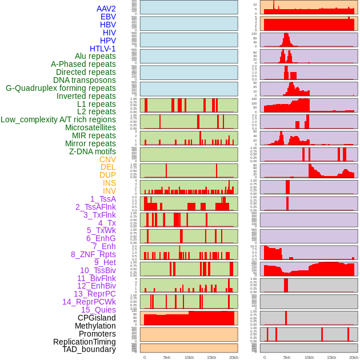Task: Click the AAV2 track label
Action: click(106, 9)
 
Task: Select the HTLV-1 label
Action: click(103, 49)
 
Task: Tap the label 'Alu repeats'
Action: click(95, 56)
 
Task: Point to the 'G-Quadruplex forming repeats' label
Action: click(61, 88)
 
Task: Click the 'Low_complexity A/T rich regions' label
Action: click(58, 119)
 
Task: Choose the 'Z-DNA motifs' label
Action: click(93, 151)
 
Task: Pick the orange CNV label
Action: click(107, 159)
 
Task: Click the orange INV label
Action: click(109, 191)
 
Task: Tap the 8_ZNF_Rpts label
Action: click(93, 254)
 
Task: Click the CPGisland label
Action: click(97, 318)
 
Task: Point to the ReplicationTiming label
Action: click(85, 342)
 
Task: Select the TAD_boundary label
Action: click(89, 349)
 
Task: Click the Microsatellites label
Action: click(90, 127)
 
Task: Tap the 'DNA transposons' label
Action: click(85, 80)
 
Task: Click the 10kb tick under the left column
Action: click(189, 357)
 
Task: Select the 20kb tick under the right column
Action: click(354, 357)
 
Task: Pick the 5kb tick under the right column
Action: click(287, 357)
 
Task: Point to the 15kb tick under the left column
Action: click(211, 357)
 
